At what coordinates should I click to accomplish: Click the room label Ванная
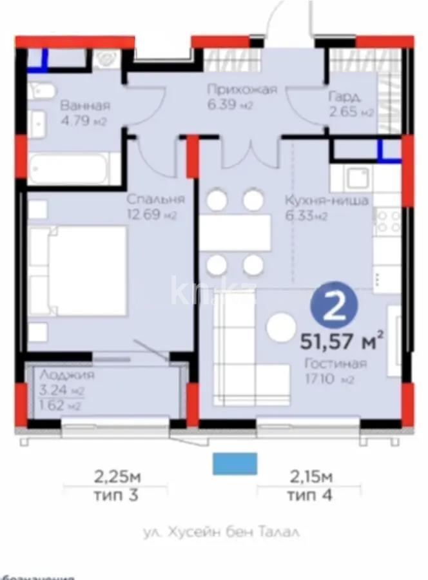[x=84, y=106]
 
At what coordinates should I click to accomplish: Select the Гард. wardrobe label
[x=344, y=98]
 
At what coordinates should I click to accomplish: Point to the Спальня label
[x=155, y=199]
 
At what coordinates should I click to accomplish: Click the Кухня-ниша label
[x=327, y=200]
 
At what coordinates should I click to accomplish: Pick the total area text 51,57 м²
[x=342, y=339]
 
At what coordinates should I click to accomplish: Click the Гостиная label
[x=335, y=364]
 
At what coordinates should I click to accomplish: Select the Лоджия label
[x=66, y=375]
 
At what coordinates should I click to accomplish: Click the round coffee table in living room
[x=282, y=327]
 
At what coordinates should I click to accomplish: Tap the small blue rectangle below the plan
[x=235, y=463]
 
